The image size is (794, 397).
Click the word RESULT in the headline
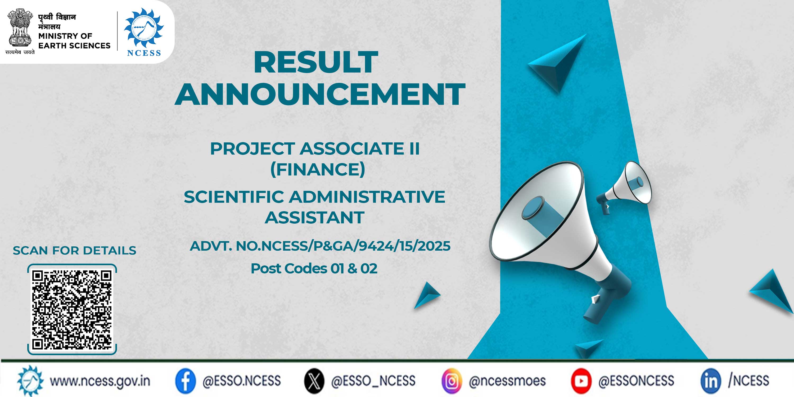coord(316,62)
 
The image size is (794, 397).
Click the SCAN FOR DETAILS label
coord(74,251)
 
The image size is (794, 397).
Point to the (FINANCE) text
coord(318,169)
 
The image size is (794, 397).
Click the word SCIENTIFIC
coord(234,197)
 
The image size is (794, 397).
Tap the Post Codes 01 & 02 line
coord(314,268)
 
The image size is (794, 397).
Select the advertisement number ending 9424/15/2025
coord(320,246)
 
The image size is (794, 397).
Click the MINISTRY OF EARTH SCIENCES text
coord(74,41)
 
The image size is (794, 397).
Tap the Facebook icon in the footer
coord(185,381)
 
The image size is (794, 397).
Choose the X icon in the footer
coord(314,381)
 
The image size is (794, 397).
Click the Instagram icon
coord(452,381)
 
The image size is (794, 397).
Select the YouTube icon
coord(581,381)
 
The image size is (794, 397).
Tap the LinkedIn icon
coord(711,381)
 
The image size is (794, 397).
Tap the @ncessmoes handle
coord(507,381)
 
